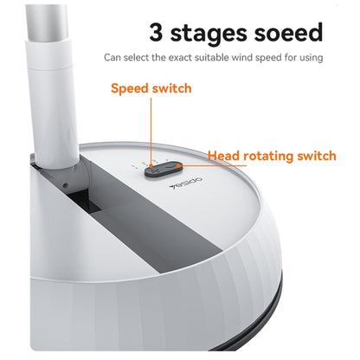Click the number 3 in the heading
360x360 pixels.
pos(156,32)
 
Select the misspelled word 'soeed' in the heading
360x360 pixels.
pos(288,32)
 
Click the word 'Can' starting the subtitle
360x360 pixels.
pos(112,58)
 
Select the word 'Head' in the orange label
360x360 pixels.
pos(224,156)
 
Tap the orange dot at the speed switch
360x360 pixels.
pos(151,165)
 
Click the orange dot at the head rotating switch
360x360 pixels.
pos(179,165)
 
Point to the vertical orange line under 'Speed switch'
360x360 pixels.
pos(151,131)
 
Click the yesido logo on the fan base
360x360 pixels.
pos(185,183)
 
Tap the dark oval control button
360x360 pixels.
pos(164,169)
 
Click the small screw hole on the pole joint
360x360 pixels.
pos(66,185)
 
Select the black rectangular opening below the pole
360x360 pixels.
pos(85,201)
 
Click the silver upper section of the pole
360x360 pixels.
pos(48,22)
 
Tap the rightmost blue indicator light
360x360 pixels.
pos(167,159)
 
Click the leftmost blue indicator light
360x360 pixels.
pos(133,166)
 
